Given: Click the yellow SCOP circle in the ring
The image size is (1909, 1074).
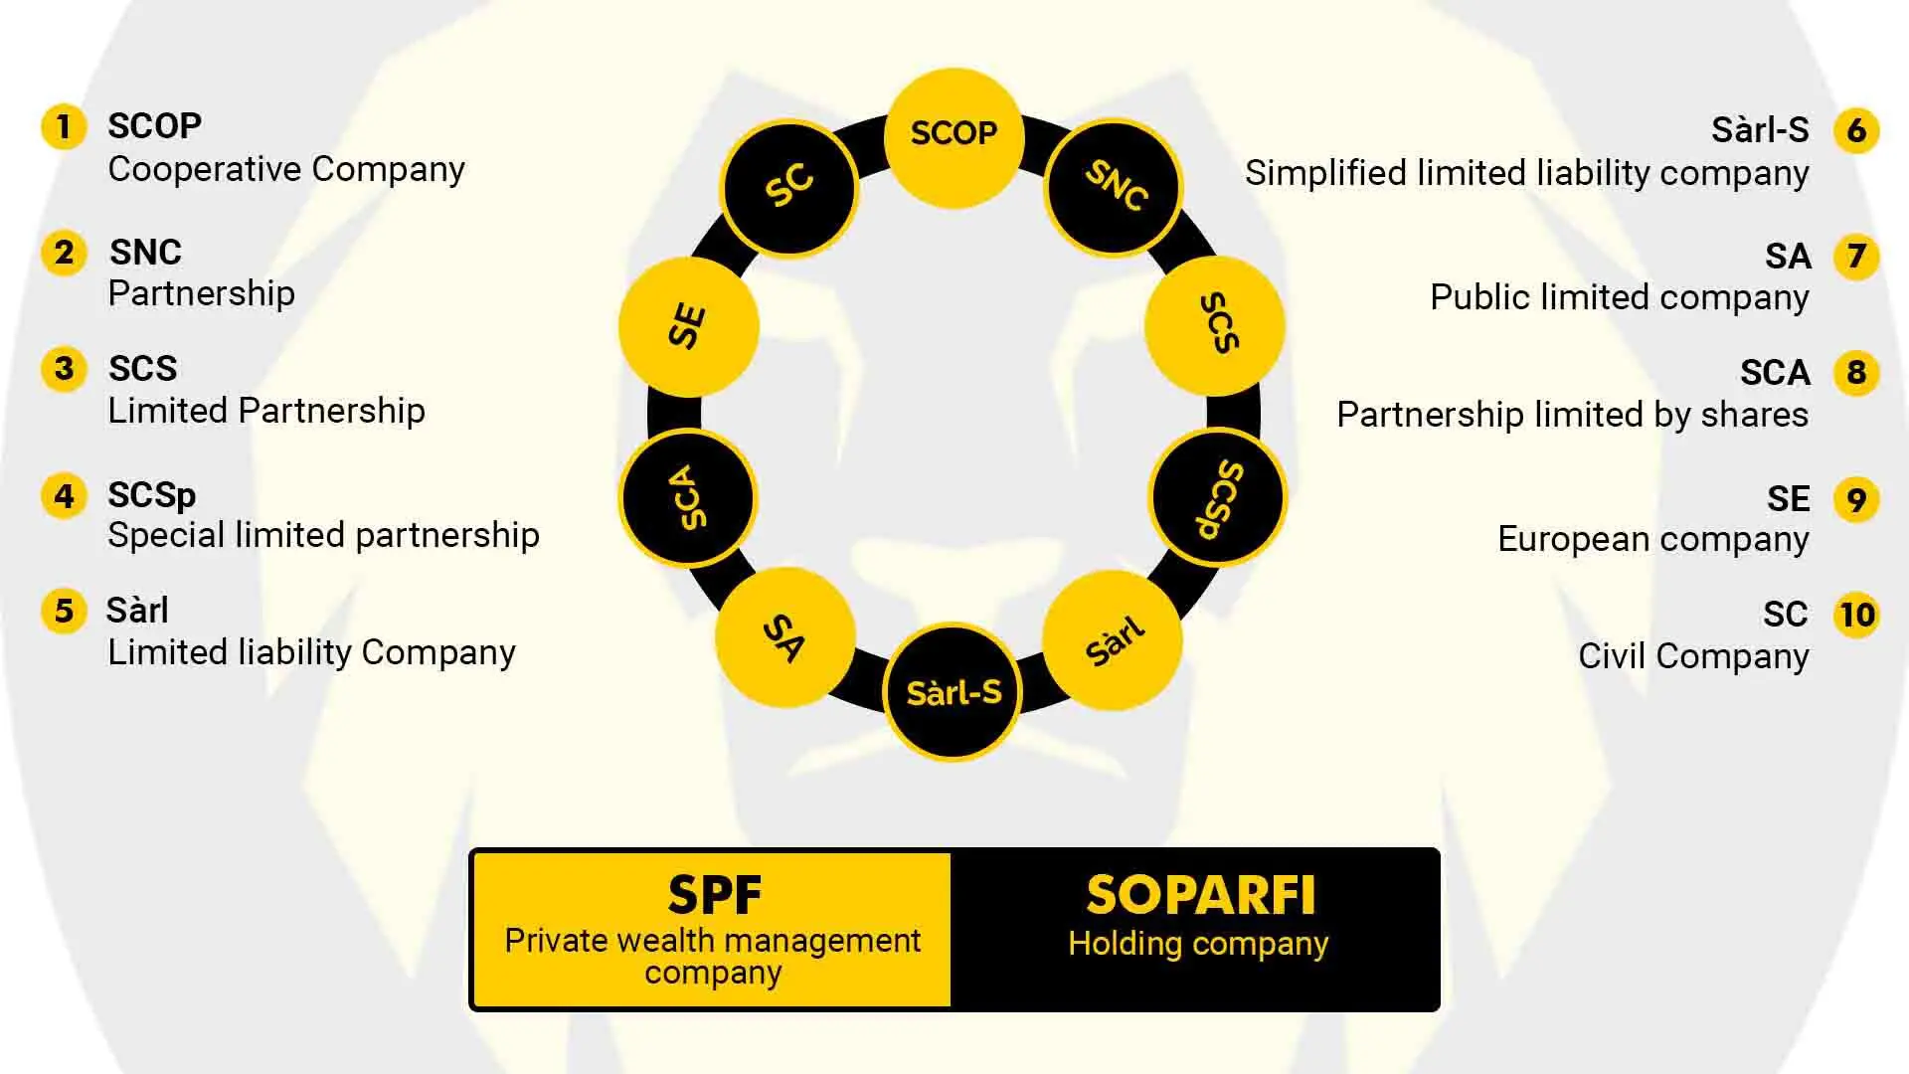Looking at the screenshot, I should click(954, 137).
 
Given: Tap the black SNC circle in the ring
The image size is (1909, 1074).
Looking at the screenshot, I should click(1114, 188).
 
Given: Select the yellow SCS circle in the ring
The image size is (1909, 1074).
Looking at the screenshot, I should click(1215, 325).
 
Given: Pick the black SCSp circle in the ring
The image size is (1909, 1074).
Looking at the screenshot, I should click(1217, 497).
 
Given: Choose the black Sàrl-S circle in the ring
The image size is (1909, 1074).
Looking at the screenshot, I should click(953, 692).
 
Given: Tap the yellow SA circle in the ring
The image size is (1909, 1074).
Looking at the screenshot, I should click(785, 637).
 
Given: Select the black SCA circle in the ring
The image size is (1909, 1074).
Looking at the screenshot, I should click(688, 497).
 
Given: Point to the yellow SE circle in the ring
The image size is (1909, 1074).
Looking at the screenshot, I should click(688, 326).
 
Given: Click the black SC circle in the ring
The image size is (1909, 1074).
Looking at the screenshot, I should click(790, 188).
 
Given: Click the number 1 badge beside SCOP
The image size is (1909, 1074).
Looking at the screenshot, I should click(64, 127).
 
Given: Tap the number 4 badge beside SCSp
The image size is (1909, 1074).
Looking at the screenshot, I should click(64, 495).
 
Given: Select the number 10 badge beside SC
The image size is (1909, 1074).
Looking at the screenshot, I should click(1856, 615).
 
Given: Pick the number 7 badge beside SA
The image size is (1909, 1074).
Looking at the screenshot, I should click(1856, 257).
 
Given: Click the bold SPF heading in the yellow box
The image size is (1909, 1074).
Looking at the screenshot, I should click(714, 895).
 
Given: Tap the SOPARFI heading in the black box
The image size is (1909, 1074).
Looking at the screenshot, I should click(1200, 895).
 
